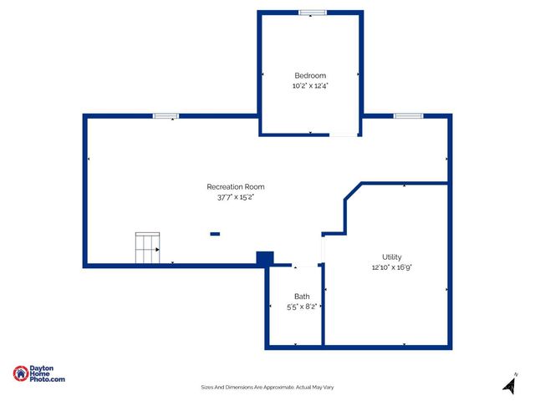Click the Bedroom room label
[x=310, y=75]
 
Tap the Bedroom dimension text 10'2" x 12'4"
[x=310, y=85]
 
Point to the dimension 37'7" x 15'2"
[x=236, y=197]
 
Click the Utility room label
[x=392, y=257]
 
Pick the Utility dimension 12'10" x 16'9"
[x=392, y=267]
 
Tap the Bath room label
[x=302, y=297]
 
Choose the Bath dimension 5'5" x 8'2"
[x=302, y=307]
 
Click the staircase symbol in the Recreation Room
[x=147, y=249]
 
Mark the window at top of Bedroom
[x=313, y=12]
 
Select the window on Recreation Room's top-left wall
[x=166, y=115]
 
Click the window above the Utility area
[x=408, y=115]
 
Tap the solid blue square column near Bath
[x=264, y=259]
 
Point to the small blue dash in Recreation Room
[x=215, y=234]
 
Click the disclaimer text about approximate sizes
[x=267, y=387]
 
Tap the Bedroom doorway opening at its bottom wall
[x=343, y=134]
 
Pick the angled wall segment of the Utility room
[x=352, y=190]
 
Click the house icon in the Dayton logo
[x=20, y=373]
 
